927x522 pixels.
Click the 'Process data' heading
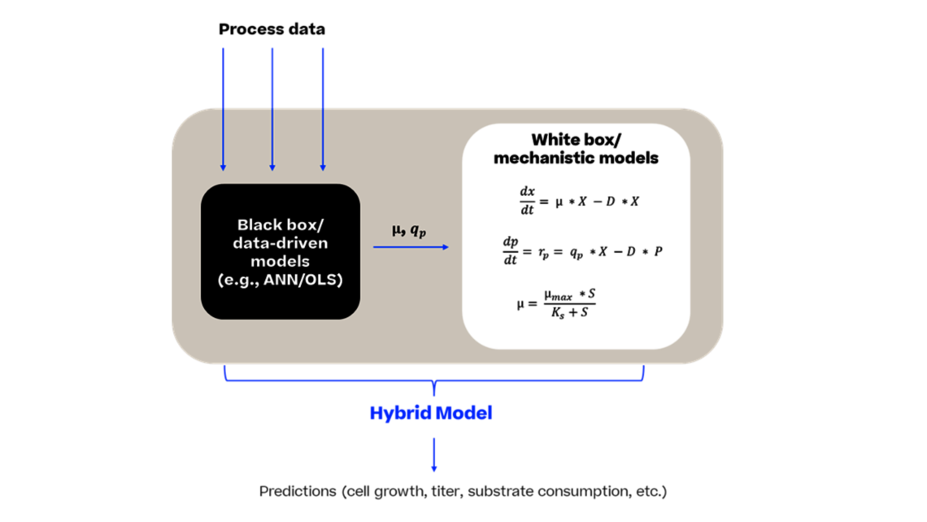point(272,29)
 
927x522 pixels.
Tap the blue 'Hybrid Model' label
point(431,413)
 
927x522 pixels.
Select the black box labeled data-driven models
point(281,250)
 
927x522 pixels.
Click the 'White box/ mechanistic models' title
point(576,149)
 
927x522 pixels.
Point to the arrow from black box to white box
point(411,247)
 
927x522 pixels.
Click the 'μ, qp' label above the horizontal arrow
point(408,230)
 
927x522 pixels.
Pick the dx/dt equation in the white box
point(578,201)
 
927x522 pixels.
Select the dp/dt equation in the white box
point(582,251)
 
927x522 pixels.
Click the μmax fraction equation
point(556,303)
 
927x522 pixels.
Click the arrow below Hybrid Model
point(434,455)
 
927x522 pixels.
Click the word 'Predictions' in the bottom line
point(298,491)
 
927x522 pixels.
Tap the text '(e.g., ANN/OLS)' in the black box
point(280,280)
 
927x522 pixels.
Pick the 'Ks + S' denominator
point(568,312)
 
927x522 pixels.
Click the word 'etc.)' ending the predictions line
point(651,491)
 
